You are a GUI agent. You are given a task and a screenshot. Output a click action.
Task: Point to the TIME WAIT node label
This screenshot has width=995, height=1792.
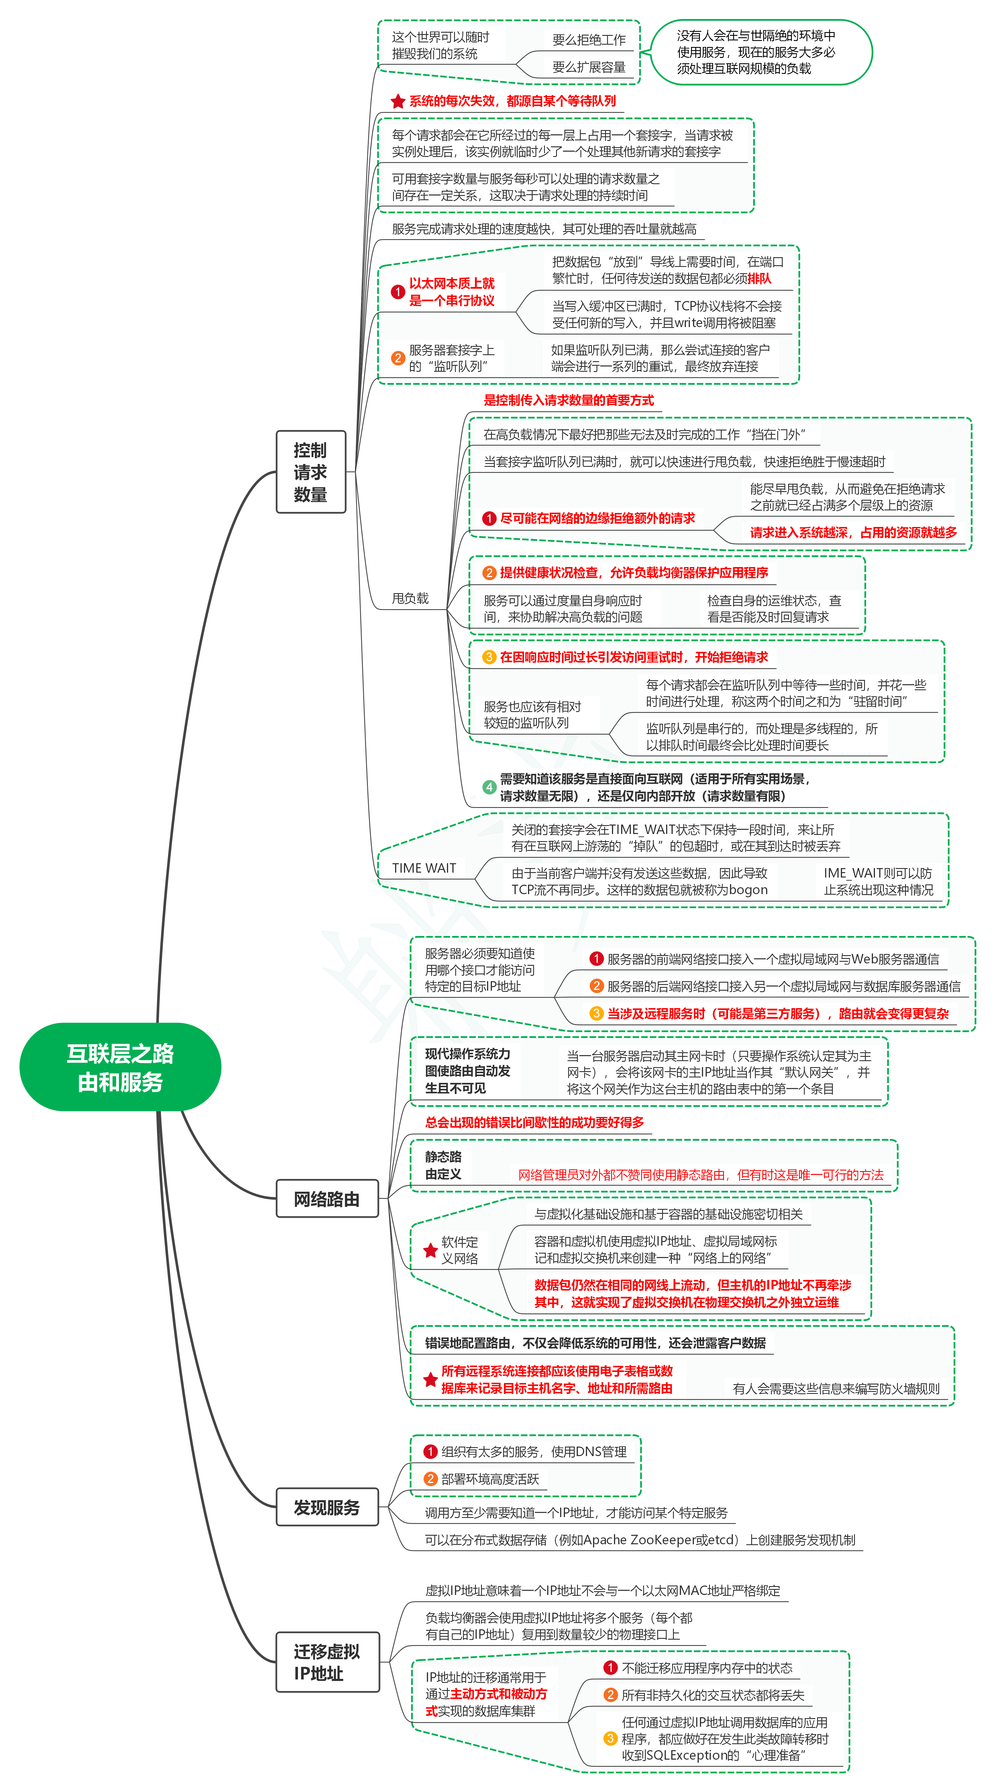tap(424, 868)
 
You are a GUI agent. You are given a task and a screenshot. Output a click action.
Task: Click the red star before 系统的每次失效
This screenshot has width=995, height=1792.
tap(398, 102)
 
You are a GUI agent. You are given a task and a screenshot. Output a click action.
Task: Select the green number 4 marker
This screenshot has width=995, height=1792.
tap(489, 787)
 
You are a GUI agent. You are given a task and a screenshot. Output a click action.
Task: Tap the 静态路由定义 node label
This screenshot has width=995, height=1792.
tap(443, 1165)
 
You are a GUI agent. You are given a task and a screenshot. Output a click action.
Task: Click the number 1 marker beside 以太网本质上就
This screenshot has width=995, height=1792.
tap(398, 292)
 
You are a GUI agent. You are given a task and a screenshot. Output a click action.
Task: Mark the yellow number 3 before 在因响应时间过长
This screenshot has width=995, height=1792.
tap(489, 657)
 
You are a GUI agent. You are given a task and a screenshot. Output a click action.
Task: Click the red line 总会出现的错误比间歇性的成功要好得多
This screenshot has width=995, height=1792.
tap(534, 1122)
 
